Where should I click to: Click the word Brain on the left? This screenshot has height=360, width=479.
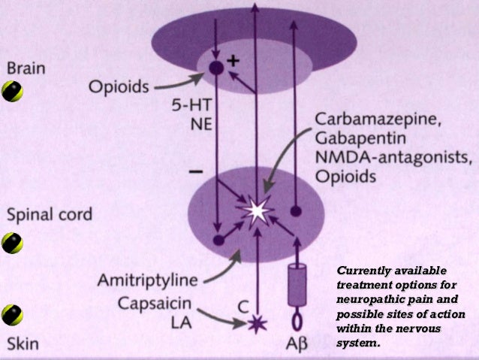(x=26, y=68)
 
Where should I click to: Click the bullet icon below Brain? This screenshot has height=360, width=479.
(x=12, y=92)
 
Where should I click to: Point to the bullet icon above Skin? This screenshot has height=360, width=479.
(x=12, y=314)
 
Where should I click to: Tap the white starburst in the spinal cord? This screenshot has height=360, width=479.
(x=256, y=211)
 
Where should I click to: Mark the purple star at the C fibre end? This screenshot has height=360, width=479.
(x=256, y=325)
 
